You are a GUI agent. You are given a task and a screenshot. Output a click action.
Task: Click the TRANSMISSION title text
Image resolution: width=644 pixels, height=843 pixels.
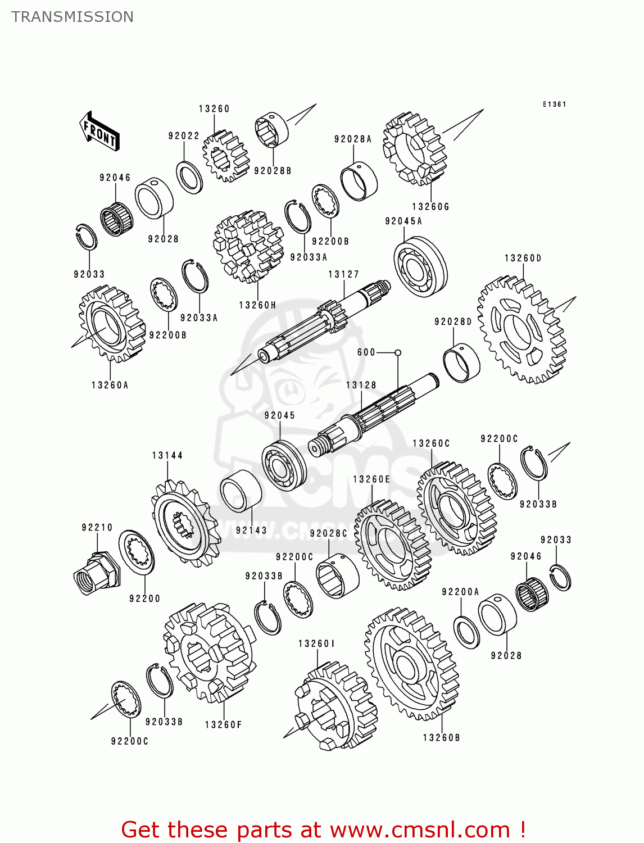tap(72, 17)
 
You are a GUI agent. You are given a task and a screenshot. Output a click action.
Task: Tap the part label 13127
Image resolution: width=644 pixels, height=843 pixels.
tap(343, 274)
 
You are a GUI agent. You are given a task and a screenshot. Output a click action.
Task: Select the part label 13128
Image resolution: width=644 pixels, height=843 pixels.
tap(361, 385)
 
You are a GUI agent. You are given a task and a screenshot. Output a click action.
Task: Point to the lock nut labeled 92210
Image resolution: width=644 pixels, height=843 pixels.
tap(96, 573)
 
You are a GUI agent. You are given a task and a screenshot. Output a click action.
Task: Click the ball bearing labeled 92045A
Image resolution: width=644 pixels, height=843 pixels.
tap(420, 266)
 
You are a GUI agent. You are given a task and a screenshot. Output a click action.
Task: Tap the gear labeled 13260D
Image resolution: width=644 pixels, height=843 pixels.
tap(521, 329)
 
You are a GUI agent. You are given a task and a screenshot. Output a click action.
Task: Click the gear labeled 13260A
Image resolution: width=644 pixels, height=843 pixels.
tap(111, 324)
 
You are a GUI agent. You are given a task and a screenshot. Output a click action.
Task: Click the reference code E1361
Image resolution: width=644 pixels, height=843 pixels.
tap(554, 105)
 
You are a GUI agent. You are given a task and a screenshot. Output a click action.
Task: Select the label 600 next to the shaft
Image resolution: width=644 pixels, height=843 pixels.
tap(366, 352)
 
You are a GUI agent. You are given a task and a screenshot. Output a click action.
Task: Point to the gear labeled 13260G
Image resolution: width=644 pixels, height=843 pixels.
tap(414, 149)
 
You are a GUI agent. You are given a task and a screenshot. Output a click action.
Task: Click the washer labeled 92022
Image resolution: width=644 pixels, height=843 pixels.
tap(189, 177)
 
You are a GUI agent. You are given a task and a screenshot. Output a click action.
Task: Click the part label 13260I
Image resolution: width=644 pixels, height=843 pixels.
tap(316, 643)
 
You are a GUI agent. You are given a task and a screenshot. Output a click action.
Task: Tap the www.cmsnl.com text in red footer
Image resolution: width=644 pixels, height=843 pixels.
tap(420, 830)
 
